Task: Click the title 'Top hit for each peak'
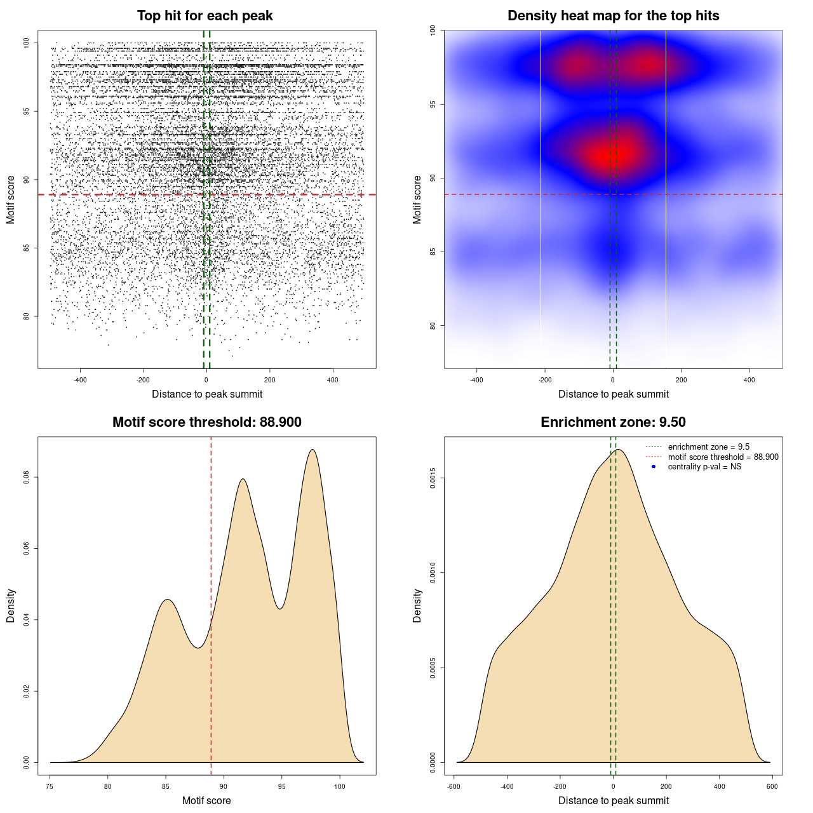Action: click(x=205, y=16)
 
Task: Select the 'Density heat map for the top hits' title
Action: click(x=613, y=16)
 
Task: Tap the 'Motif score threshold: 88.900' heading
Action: click(x=206, y=422)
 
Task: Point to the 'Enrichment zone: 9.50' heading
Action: click(x=613, y=422)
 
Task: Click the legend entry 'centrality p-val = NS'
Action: click(x=704, y=467)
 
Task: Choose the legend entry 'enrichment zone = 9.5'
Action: click(x=708, y=447)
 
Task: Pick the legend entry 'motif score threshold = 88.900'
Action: click(x=723, y=457)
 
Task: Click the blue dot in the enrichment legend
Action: click(x=654, y=467)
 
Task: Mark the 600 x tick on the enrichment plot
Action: click(x=772, y=786)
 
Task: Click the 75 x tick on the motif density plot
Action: click(x=50, y=786)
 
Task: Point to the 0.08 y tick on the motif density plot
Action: click(x=26, y=477)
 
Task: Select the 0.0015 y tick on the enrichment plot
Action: click(x=433, y=478)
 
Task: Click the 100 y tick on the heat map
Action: click(x=433, y=30)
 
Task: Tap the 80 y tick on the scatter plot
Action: click(x=26, y=316)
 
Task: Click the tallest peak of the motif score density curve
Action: click(x=312, y=450)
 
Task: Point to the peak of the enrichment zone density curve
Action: click(x=619, y=450)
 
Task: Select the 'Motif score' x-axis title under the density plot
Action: click(x=206, y=800)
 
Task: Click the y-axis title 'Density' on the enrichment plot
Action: click(x=417, y=605)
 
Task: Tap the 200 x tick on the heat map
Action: click(x=682, y=380)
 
